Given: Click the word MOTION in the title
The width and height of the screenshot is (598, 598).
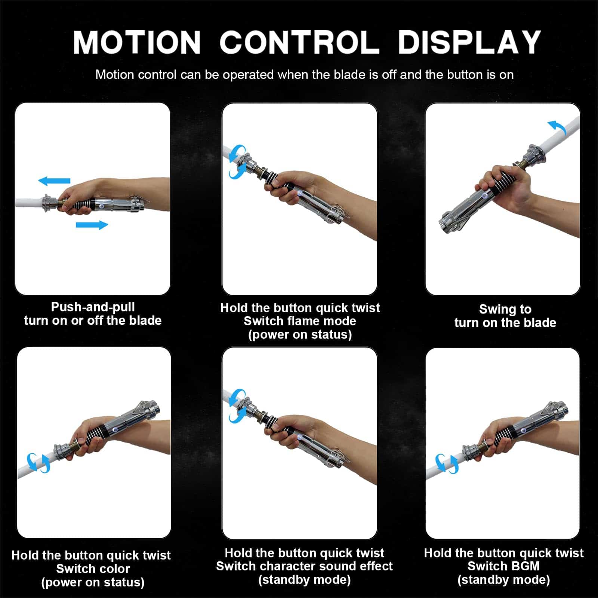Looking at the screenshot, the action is click(137, 42).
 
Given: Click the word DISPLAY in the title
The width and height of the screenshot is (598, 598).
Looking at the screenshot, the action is click(469, 42).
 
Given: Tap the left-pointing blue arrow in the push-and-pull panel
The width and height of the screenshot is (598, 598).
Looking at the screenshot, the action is click(55, 181).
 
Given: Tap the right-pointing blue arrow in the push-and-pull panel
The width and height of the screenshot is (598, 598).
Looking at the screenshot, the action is click(92, 225).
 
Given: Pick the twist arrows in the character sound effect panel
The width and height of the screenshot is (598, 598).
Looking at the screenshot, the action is click(238, 406).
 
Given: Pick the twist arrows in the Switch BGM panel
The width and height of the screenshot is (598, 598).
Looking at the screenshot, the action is click(447, 463).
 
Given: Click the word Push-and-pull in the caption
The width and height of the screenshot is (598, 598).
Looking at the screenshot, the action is click(93, 307).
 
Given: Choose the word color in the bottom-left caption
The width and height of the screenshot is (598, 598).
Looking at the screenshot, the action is click(112, 569).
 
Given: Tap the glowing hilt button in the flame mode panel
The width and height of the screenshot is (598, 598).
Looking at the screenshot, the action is click(300, 193).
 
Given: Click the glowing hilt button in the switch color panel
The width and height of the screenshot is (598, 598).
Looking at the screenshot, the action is click(116, 430).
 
